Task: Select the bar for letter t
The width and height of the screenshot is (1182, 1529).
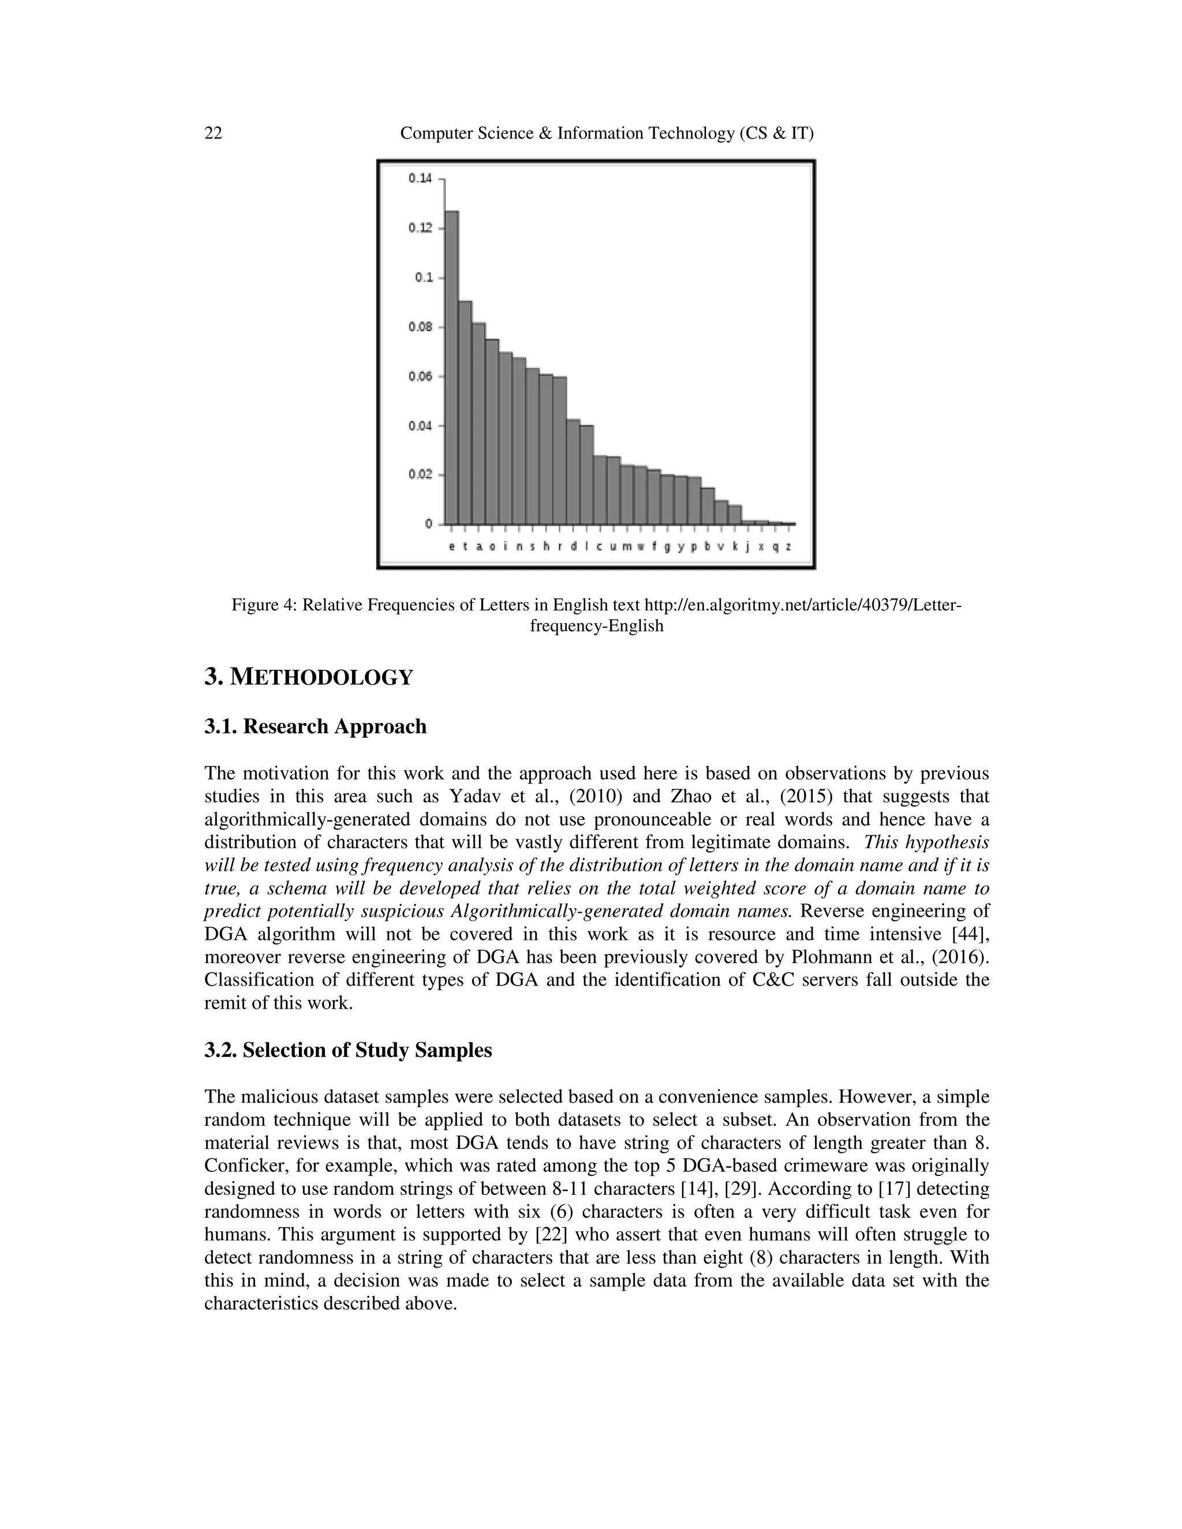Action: pyautogui.click(x=465, y=413)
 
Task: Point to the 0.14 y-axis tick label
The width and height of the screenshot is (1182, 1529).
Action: pyautogui.click(x=420, y=178)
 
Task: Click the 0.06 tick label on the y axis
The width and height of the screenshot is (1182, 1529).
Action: pyautogui.click(x=420, y=377)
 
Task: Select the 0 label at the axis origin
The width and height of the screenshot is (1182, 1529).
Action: pyautogui.click(x=428, y=524)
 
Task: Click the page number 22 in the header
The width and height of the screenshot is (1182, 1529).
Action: pyautogui.click(x=213, y=133)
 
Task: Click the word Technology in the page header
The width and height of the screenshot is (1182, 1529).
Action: pyautogui.click(x=690, y=133)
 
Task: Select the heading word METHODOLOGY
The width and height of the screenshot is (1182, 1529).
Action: pyautogui.click(x=321, y=678)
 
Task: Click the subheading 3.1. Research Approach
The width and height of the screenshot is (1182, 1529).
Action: pyautogui.click(x=315, y=726)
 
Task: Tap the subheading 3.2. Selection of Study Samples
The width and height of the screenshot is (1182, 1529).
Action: pyautogui.click(x=348, y=1050)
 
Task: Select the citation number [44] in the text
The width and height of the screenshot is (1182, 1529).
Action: pyautogui.click(x=971, y=935)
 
